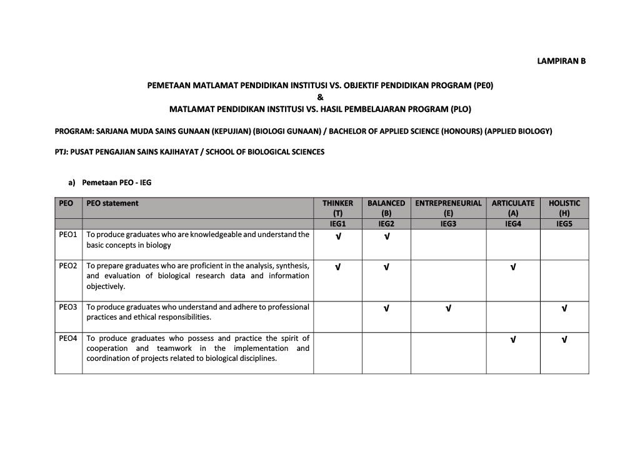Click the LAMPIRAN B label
(561, 61)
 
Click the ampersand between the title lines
(320, 97)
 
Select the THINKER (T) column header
(337, 208)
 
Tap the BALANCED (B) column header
(386, 208)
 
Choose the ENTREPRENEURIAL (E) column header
(448, 208)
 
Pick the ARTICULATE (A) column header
(512, 208)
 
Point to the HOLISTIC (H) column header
(564, 208)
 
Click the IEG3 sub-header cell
(448, 223)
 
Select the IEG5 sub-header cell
(564, 223)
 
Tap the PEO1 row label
(68, 235)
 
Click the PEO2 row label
(68, 266)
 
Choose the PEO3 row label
(68, 307)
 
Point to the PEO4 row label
(68, 338)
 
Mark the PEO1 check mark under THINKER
(337, 236)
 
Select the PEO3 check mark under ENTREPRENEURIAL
(448, 309)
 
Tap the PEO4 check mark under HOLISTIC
(564, 340)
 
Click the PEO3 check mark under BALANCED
(386, 309)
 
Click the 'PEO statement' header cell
(112, 203)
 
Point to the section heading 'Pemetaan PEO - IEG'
(116, 183)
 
